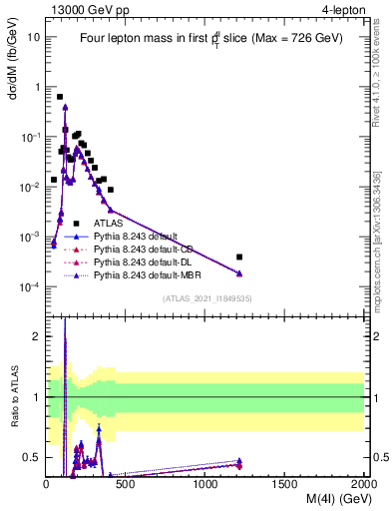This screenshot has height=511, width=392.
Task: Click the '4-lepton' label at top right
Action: (x=344, y=9)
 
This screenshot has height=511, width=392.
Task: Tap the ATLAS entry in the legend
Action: (x=108, y=224)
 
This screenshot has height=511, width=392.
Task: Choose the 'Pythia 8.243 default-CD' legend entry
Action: (x=143, y=249)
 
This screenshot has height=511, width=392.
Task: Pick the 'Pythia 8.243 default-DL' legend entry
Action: (x=143, y=260)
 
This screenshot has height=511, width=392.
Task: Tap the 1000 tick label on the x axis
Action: (x=205, y=484)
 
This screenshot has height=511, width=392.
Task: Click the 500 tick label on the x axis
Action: (x=126, y=484)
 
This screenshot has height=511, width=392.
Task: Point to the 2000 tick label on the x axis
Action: (x=363, y=484)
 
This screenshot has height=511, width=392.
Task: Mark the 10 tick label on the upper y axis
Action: (x=34, y=37)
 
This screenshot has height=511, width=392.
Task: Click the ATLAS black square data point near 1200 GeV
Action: (x=238, y=256)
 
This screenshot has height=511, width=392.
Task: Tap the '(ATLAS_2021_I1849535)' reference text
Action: (x=205, y=298)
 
